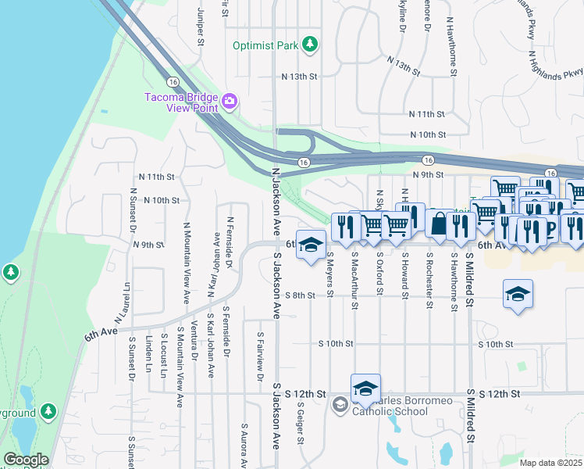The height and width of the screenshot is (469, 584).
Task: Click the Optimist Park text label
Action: click(265, 45)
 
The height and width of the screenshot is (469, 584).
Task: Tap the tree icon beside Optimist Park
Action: click(311, 43)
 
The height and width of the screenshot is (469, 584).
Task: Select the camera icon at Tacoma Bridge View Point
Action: click(230, 101)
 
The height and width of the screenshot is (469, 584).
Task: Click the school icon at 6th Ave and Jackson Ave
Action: click(311, 245)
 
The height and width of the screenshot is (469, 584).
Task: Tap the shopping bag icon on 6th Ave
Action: click(440, 224)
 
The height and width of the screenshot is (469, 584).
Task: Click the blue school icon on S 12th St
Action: click(365, 388)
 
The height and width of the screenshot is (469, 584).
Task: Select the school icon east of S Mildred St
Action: click(518, 295)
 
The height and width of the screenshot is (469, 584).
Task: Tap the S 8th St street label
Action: click(300, 295)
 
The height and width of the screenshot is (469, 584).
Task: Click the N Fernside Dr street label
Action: click(230, 243)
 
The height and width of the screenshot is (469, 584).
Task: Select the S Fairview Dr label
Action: click(260, 356)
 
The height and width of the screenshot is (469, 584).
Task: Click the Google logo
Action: click(26, 460)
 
